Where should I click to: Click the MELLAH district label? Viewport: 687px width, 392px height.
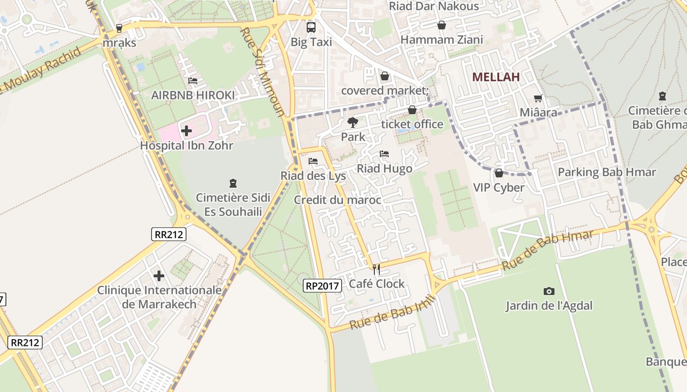pyautogui.click(x=496, y=77)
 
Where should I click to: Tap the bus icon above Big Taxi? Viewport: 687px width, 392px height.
pyautogui.click(x=311, y=27)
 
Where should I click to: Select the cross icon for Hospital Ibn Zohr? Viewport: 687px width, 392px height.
pyautogui.click(x=186, y=131)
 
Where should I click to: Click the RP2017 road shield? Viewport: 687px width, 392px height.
pyautogui.click(x=322, y=285)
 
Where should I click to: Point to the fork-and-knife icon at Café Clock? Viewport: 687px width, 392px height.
pyautogui.click(x=376, y=269)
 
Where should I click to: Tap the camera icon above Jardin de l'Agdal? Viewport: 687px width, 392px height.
pyautogui.click(x=549, y=291)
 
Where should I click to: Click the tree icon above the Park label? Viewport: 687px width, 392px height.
pyautogui.click(x=352, y=122)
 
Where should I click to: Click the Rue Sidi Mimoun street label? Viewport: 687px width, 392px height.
pyautogui.click(x=263, y=72)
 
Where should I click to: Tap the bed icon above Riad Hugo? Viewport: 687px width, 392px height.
pyautogui.click(x=384, y=154)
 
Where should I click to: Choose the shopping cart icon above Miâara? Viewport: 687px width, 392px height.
pyautogui.click(x=538, y=98)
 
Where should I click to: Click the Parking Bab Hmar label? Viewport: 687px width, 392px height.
pyautogui.click(x=607, y=172)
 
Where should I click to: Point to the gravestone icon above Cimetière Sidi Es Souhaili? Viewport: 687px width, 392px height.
pyautogui.click(x=233, y=183)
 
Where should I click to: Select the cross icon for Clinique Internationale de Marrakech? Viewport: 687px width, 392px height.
pyautogui.click(x=159, y=276)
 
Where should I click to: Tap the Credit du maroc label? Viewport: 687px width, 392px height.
pyautogui.click(x=337, y=200)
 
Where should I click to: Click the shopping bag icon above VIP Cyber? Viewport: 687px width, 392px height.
pyautogui.click(x=499, y=173)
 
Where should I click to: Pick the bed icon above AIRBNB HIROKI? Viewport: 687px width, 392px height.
pyautogui.click(x=193, y=80)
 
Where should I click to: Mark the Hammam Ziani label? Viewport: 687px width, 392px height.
pyautogui.click(x=442, y=40)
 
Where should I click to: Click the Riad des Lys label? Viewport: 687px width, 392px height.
pyautogui.click(x=313, y=176)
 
